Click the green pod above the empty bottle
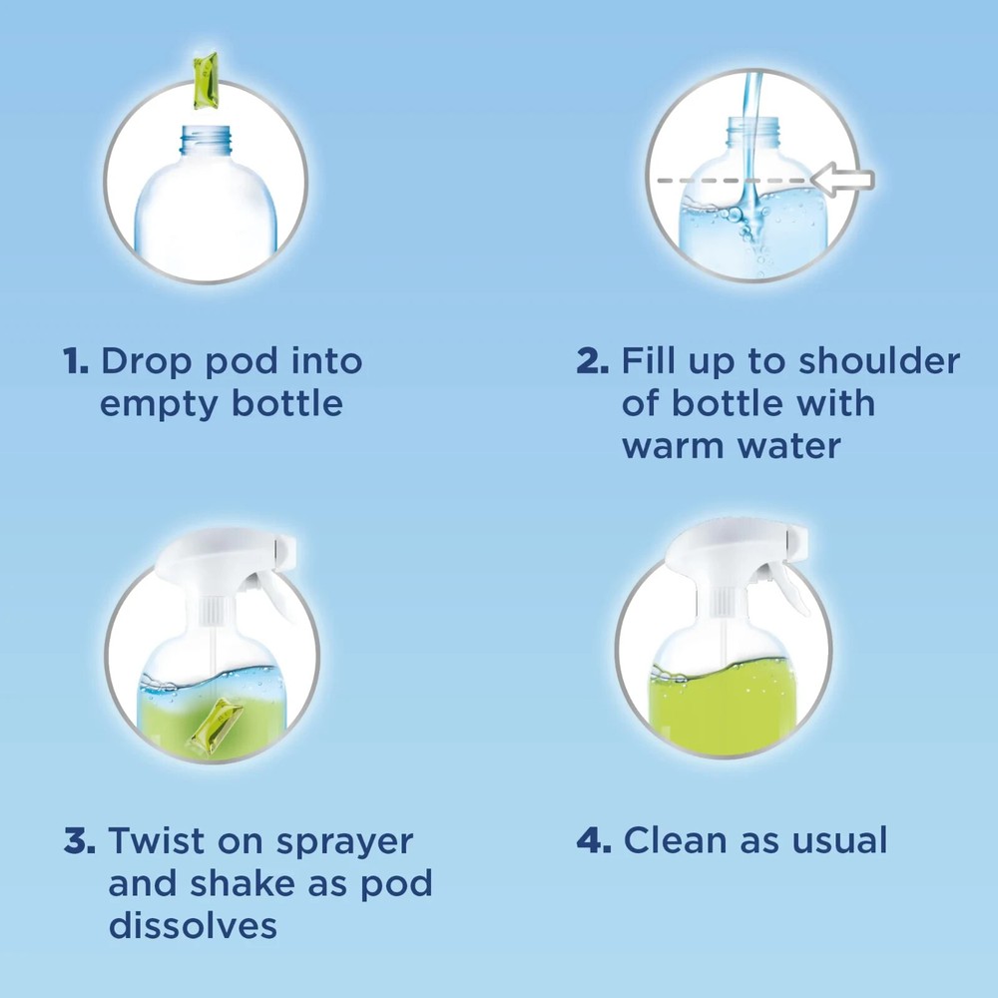tap(205, 82)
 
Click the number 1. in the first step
tap(76, 361)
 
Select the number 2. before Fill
tap(593, 361)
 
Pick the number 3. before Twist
tap(80, 841)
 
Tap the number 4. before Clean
tap(595, 841)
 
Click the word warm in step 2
tap(673, 445)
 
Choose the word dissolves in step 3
tap(193, 925)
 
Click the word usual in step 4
tap(837, 841)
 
